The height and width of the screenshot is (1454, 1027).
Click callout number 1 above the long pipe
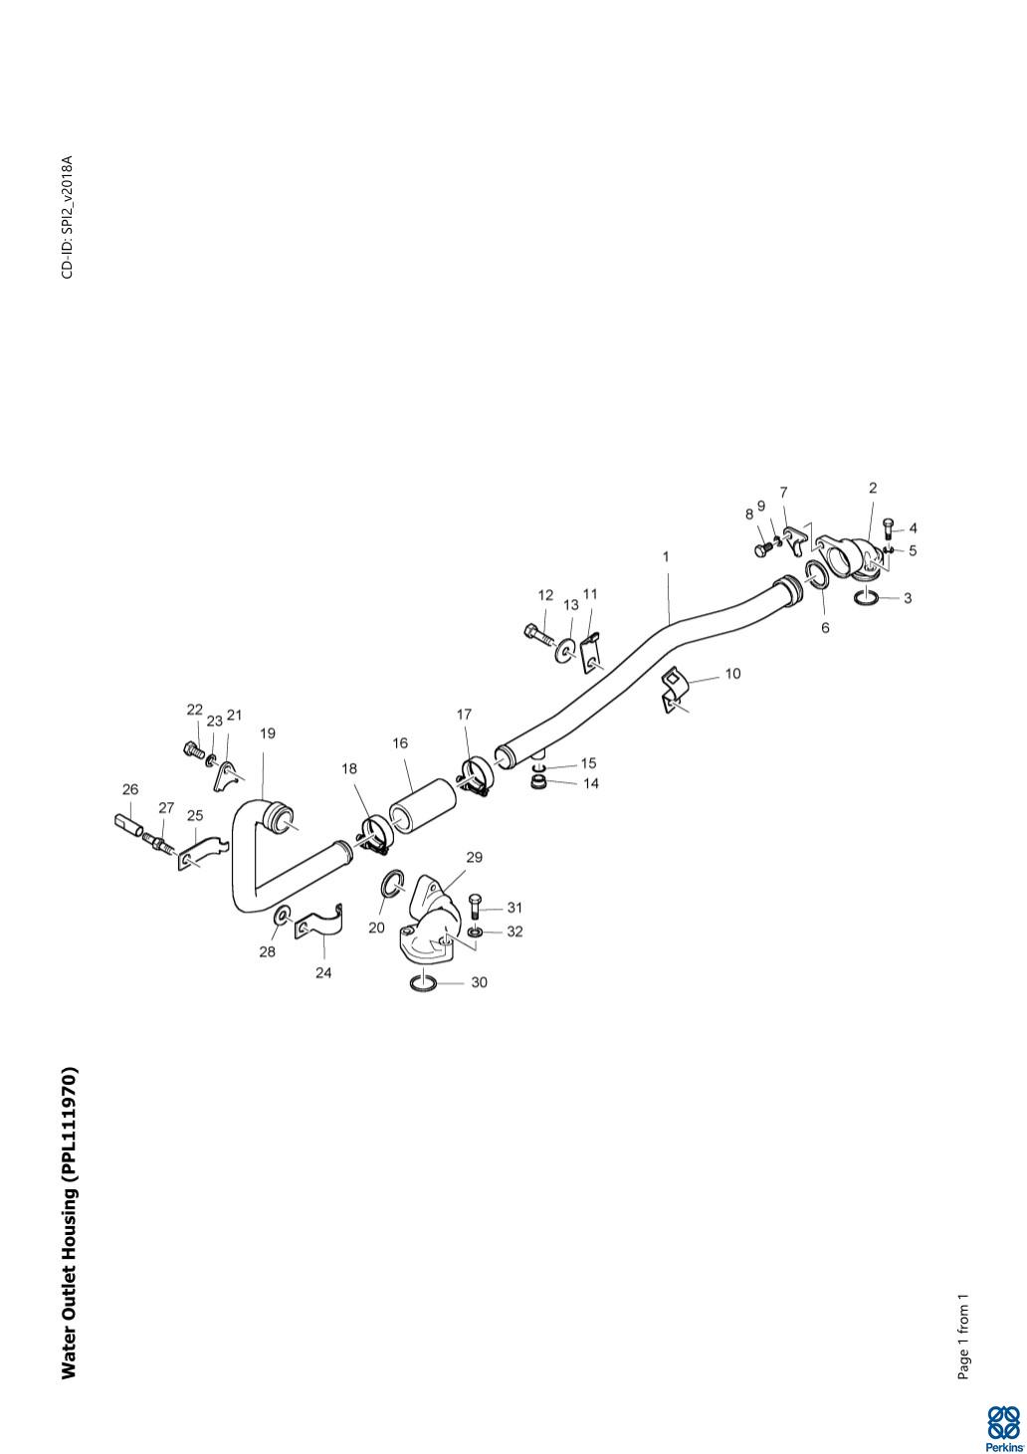coord(666,557)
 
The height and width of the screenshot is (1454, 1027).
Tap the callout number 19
coord(268,733)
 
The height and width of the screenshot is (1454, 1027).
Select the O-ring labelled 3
coord(865,599)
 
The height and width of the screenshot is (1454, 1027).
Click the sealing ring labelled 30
coord(423,983)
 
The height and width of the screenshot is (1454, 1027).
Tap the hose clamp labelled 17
coord(474,774)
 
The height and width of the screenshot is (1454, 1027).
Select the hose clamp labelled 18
coord(376,833)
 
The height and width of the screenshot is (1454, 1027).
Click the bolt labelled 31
coord(475,906)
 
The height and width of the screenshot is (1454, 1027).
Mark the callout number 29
coord(474,857)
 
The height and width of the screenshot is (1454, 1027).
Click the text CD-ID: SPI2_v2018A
coord(68,217)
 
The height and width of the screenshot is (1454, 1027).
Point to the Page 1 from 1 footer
coord(962,1337)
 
